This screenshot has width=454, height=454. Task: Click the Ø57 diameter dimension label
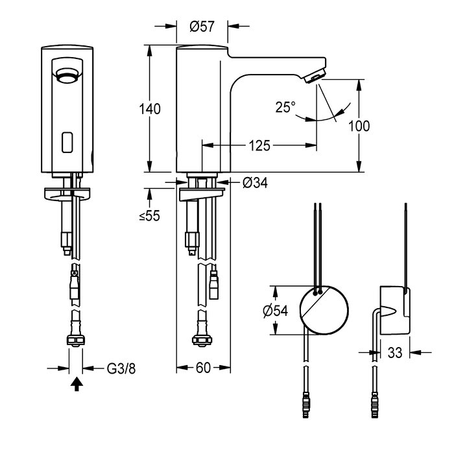[x=202, y=27]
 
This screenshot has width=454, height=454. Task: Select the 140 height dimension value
[x=150, y=109]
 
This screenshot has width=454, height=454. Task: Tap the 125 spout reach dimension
[x=259, y=145]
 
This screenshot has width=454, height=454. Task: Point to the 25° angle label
[x=285, y=107]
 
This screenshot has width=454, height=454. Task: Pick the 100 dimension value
[x=359, y=126]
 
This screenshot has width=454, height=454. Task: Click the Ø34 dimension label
[x=255, y=183]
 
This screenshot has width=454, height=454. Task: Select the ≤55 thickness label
[x=149, y=216]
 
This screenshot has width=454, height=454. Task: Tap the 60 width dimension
[x=203, y=368]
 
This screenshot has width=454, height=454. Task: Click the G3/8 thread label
[x=121, y=368]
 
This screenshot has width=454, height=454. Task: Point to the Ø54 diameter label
[x=276, y=311]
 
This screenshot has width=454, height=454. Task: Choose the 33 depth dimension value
[x=395, y=353]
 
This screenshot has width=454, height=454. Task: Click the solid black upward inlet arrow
[x=77, y=384]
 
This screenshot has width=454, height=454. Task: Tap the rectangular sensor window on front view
[x=67, y=143]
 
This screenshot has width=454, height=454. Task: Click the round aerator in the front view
[x=67, y=76]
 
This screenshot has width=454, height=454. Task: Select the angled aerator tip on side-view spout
[x=315, y=77]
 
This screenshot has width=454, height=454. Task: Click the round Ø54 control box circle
[x=324, y=311]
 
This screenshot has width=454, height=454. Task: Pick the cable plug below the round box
[x=306, y=405]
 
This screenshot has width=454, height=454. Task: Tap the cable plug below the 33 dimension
[x=375, y=405]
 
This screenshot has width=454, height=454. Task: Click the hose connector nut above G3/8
[x=76, y=340]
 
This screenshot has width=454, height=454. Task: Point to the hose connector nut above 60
[x=202, y=339]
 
